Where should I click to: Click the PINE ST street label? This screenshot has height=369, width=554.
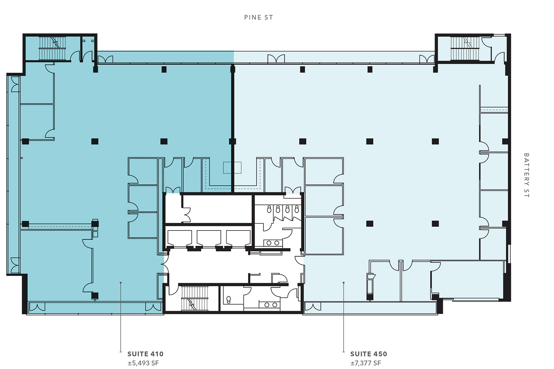(x=258, y=17)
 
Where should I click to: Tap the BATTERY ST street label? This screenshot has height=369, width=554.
(x=527, y=175)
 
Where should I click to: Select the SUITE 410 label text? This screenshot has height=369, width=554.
(x=145, y=354)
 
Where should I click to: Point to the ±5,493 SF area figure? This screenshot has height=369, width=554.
(x=143, y=363)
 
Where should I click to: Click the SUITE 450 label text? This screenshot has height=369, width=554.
(x=368, y=354)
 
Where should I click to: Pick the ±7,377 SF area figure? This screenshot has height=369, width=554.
(x=366, y=363)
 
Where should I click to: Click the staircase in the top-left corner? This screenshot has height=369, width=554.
(x=52, y=48)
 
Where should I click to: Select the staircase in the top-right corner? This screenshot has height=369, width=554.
(x=465, y=48)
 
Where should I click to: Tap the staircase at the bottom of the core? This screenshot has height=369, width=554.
(x=195, y=298)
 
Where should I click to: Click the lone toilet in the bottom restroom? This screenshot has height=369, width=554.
(x=229, y=299)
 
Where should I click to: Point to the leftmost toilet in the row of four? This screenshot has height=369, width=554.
(x=269, y=209)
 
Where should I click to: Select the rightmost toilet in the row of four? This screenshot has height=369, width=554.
(x=297, y=209)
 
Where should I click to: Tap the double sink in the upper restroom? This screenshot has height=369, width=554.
(x=273, y=243)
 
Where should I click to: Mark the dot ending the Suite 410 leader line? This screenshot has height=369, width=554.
(x=121, y=282)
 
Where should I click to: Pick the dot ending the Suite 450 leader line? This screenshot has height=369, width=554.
(x=343, y=282)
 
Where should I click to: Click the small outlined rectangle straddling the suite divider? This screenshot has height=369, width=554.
(x=232, y=168)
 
